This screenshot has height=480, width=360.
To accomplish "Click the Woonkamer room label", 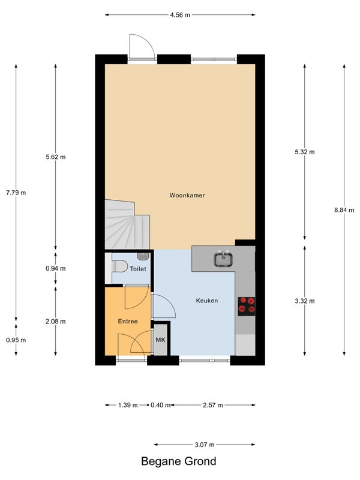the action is (187, 196).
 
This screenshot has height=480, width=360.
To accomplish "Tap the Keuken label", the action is (207, 301).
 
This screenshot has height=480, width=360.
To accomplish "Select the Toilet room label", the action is (138, 269).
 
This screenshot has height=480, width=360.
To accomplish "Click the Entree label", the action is (128, 322).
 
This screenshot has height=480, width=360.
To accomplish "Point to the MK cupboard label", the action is (160, 340).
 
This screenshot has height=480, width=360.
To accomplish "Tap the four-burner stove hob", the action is (247, 307).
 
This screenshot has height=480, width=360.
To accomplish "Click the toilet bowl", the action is (119, 266).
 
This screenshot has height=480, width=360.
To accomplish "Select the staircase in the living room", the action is (127, 224).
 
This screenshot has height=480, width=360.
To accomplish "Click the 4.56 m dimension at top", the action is (180, 14).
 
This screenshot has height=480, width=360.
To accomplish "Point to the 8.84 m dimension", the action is (344, 210).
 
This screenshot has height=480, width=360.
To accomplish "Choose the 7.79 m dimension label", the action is (16, 193).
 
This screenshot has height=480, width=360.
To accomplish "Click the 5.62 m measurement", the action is (55, 157).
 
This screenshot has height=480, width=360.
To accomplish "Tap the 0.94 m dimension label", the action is (55, 268).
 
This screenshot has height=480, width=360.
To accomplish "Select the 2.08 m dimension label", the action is (55, 322).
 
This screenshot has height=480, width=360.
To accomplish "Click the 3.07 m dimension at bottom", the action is (205, 445).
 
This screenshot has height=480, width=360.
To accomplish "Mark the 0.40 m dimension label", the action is (160, 405).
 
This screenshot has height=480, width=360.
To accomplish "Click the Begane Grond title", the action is (178, 461).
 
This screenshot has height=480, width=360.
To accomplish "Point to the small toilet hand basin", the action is (143, 256).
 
